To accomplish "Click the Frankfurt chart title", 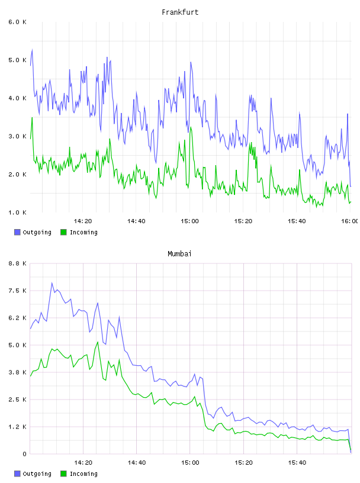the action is (x=180, y=12).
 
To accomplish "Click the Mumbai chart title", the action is (x=179, y=254).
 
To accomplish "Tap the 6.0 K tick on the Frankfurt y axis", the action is (x=18, y=22).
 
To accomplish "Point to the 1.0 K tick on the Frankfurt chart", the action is (x=18, y=212).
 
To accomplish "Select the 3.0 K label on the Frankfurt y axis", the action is (x=18, y=136).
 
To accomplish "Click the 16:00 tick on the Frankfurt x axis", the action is (x=349, y=221).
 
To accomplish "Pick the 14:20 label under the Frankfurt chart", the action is (x=83, y=221).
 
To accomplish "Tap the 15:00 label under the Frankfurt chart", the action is (x=190, y=221).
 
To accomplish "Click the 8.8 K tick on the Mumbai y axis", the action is (x=18, y=263).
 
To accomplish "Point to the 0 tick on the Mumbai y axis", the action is (x=24, y=454).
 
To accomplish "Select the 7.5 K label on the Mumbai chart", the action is (x=18, y=291).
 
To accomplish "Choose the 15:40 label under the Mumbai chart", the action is (x=297, y=463).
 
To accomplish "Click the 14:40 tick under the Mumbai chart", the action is (x=137, y=463).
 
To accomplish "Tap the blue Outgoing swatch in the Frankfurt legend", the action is (x=17, y=232).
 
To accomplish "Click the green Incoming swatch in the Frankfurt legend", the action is (x=63, y=232).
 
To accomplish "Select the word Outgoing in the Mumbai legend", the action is (x=37, y=474).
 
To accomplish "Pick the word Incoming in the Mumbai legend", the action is (x=83, y=474).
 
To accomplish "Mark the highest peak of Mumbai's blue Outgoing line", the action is (x=52, y=283).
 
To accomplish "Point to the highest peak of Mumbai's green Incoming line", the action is (x=98, y=342).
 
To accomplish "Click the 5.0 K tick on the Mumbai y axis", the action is (x=18, y=345).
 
